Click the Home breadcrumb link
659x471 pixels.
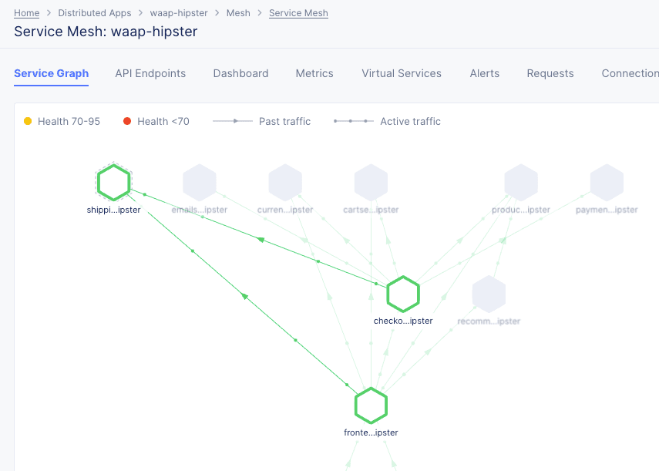[26, 13]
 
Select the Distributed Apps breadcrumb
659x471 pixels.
[94, 13]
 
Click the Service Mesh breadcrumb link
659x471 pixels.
[298, 13]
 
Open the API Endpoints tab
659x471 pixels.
[150, 73]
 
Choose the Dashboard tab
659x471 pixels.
[240, 73]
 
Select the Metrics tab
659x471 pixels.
[314, 73]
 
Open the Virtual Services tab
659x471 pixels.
[402, 73]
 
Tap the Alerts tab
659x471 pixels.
[484, 73]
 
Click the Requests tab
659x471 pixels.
[550, 73]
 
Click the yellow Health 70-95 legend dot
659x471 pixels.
[28, 121]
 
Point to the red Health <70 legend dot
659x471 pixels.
[127, 121]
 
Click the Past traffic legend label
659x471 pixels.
[284, 121]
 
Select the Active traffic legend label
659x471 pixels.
[410, 121]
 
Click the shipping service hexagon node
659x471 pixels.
[114, 183]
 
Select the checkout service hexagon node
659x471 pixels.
[402, 294]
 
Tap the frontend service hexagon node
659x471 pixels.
[371, 405]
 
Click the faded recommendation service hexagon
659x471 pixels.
[489, 294]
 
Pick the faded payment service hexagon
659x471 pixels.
[607, 183]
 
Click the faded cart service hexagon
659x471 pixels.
[371, 183]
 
